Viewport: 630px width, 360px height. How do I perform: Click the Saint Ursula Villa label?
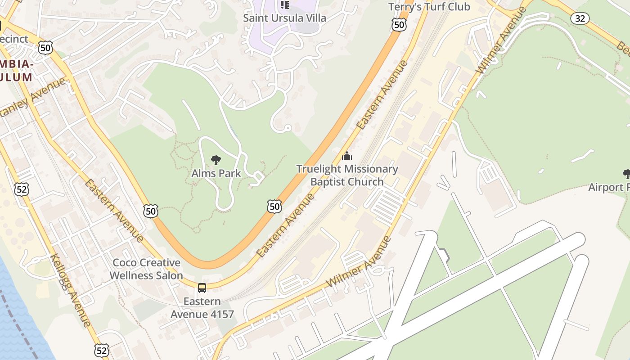pos(284,18)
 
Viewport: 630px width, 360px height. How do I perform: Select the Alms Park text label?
pos(216,173)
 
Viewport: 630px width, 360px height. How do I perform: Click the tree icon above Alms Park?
pos(216,160)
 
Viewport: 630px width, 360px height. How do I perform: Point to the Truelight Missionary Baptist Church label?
pos(347,175)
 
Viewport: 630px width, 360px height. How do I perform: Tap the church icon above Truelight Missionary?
pos(347,156)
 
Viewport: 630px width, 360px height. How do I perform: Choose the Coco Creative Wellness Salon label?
pos(146,269)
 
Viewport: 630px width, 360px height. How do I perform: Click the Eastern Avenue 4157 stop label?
pos(202,308)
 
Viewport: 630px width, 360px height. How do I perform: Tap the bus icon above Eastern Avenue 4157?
pos(202,288)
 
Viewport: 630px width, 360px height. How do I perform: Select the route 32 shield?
pos(580,18)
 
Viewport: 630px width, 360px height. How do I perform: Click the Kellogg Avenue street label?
pos(71,290)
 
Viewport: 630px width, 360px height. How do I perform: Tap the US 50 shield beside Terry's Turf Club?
pos(399,25)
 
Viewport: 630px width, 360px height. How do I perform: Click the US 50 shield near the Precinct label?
pos(45,47)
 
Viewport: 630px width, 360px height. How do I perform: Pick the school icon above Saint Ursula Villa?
pos(284,5)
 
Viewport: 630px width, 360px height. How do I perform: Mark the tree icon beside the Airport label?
pos(626,174)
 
